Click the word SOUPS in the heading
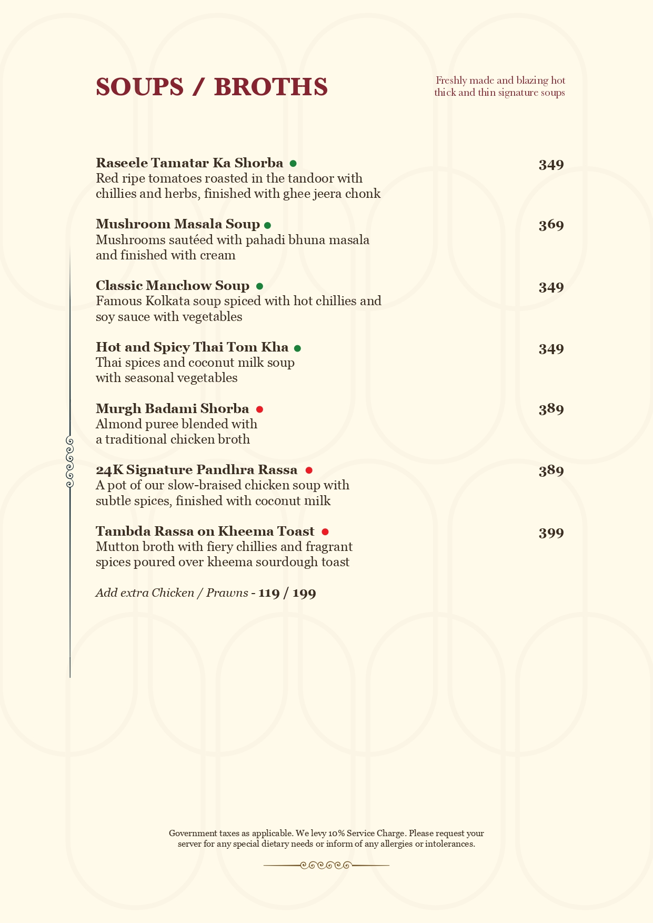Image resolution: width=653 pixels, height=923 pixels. coord(139,87)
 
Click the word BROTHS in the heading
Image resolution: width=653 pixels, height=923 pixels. coord(271,87)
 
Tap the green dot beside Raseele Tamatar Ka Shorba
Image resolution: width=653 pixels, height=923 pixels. coord(293,164)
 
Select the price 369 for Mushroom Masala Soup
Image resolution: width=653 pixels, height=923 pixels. coord(551,225)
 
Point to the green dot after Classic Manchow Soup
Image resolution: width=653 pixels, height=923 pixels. coord(259,286)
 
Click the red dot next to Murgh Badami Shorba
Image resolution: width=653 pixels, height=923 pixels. coord(259,409)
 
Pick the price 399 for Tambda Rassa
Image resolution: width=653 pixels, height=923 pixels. coord(551,533)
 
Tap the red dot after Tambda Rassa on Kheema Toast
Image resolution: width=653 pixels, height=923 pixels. coord(325,532)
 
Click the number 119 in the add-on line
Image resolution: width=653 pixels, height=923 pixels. coord(269,593)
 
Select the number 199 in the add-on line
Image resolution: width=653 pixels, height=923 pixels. coord(304,593)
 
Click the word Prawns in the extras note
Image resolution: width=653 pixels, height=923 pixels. coord(227,593)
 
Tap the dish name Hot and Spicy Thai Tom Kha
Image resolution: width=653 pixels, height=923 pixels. coord(192,347)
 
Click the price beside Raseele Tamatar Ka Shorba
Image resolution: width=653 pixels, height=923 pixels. coord(551,165)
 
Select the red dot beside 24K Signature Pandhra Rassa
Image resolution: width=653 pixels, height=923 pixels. coord(309,470)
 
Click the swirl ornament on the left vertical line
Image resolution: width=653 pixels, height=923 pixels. coord(69,461)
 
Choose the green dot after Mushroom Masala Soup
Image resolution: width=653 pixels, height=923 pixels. coord(267,225)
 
